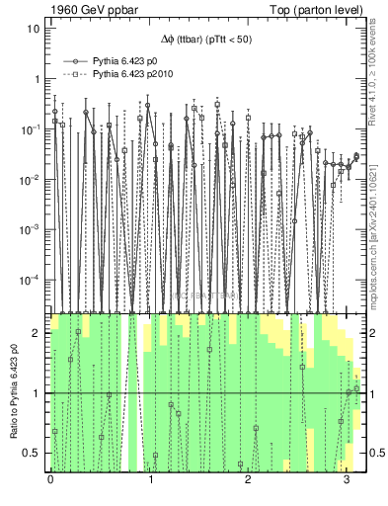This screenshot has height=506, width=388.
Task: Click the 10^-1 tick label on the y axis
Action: tap(33, 129)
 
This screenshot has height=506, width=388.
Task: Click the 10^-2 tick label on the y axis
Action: tap(33, 180)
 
